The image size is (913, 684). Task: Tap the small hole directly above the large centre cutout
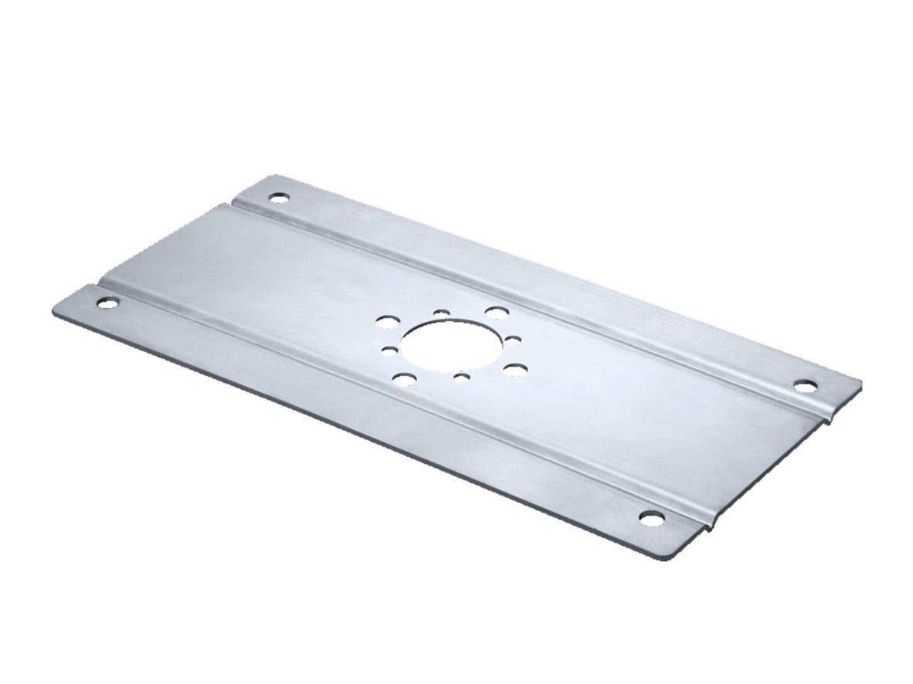point(442,312)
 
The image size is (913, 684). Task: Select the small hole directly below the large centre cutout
point(461,377)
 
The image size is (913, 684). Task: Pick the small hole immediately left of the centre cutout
point(390,349)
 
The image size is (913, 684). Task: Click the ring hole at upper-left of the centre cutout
point(385,320)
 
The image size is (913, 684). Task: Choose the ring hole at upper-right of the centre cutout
point(494,311)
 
